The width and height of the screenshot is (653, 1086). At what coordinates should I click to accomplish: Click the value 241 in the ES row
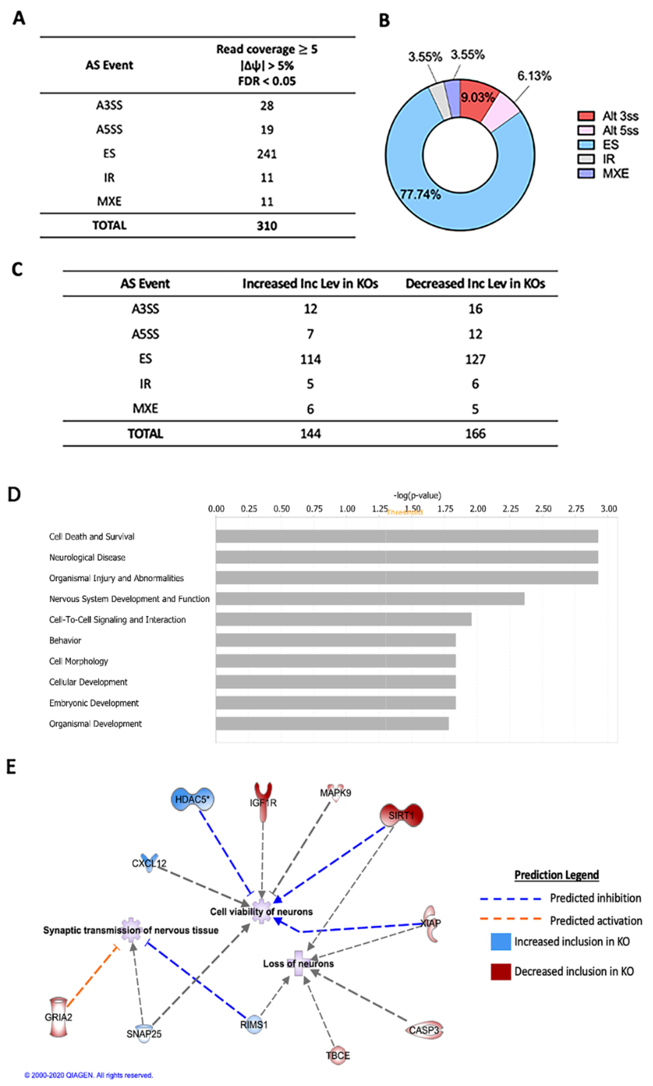(267, 154)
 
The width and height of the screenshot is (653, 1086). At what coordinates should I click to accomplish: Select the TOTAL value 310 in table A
(267, 226)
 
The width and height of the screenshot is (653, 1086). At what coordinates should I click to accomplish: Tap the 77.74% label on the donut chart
(420, 194)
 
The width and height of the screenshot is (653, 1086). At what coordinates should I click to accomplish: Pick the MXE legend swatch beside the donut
(586, 173)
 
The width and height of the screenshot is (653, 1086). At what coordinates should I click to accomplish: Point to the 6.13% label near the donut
(534, 76)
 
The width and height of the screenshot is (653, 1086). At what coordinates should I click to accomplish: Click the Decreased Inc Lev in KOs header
(475, 284)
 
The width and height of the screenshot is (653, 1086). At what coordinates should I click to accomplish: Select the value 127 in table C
(475, 359)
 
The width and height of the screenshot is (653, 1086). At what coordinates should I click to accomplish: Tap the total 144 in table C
(310, 434)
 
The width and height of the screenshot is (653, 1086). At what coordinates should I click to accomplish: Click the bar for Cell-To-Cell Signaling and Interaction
(343, 619)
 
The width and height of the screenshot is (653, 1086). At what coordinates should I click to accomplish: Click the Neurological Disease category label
(87, 557)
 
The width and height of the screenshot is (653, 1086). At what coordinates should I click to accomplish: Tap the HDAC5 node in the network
(192, 799)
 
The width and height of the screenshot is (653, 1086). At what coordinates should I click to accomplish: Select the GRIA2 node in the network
(58, 1017)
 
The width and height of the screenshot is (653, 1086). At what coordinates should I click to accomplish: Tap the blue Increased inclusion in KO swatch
(500, 942)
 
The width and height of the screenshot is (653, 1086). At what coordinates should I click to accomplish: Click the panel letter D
(14, 494)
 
